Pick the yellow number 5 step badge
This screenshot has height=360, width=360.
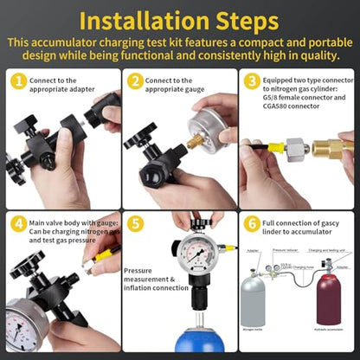[x=134, y=223]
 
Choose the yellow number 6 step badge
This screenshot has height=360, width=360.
[x=252, y=223]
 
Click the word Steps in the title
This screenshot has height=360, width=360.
[x=260, y=21]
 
